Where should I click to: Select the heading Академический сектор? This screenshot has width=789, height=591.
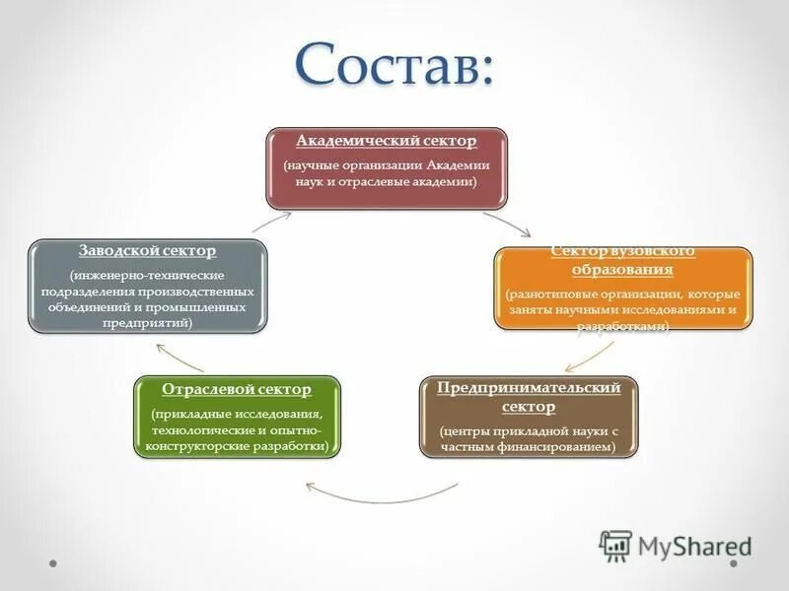386,141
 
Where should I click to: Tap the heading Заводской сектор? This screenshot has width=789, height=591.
147,251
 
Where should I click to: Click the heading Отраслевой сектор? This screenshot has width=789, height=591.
236,389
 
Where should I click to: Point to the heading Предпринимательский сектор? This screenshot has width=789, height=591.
529,396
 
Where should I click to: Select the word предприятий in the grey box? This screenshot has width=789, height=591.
147,322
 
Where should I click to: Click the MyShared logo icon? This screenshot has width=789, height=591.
615,546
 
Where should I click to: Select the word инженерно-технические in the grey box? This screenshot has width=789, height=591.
147,274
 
